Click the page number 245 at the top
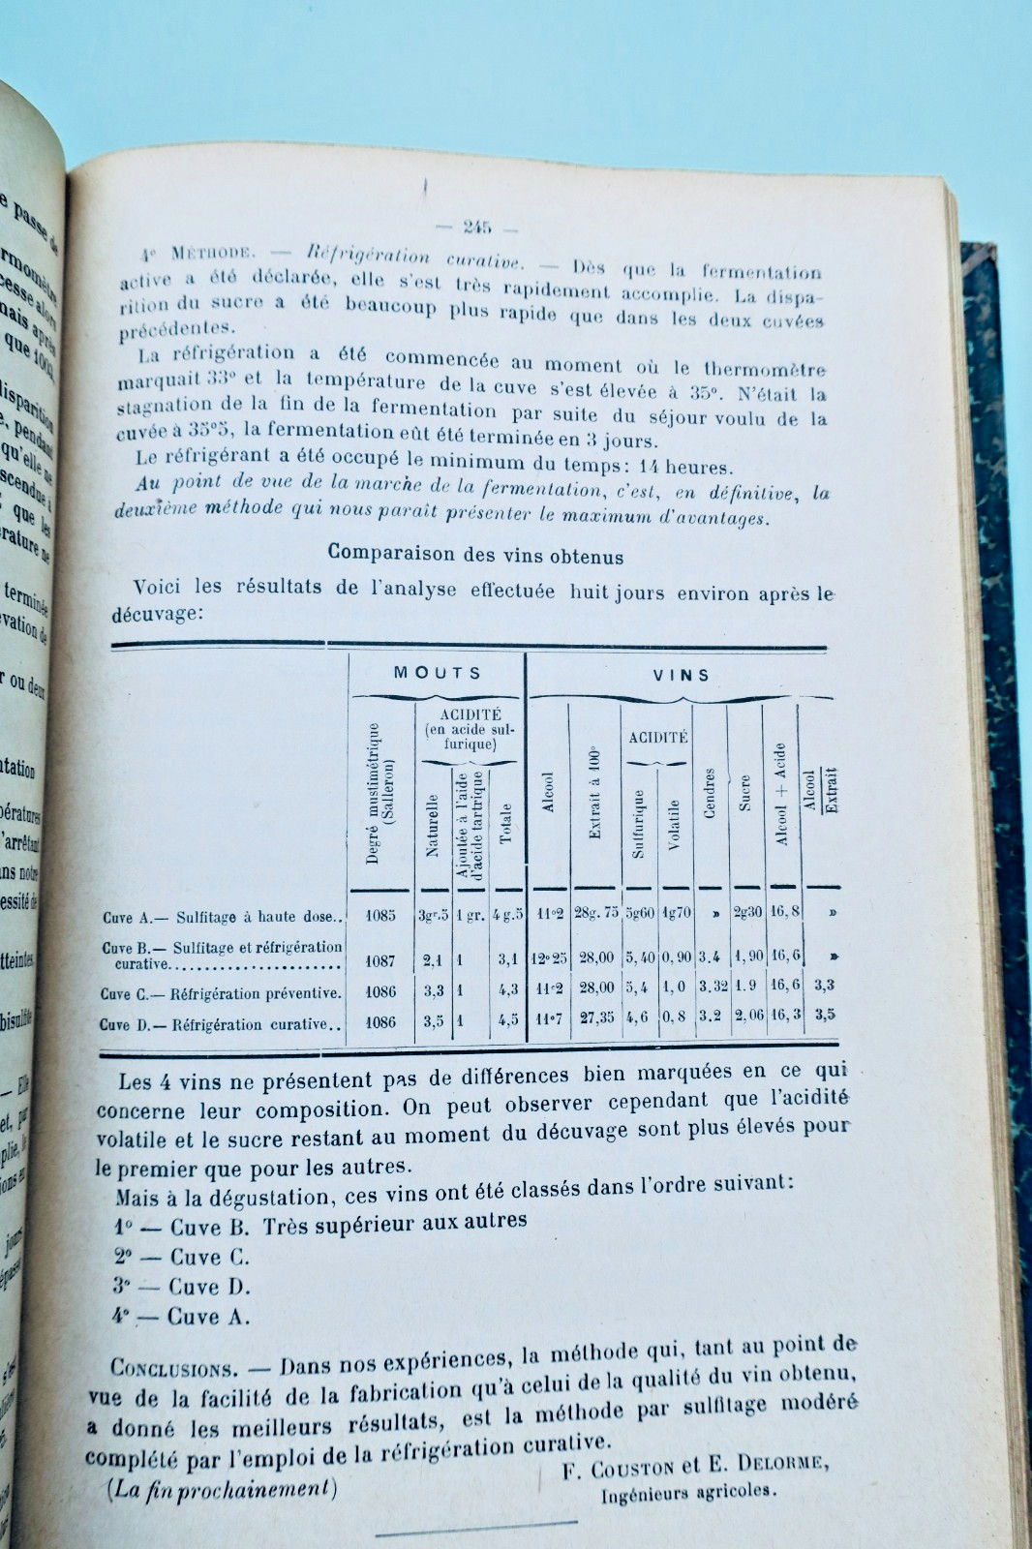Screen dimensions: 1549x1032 (x=477, y=228)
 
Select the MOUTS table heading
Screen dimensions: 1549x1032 (x=437, y=673)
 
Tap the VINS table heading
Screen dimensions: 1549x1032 (x=681, y=675)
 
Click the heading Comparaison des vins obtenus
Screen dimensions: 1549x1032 (x=475, y=555)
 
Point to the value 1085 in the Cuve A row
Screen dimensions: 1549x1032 (x=380, y=915)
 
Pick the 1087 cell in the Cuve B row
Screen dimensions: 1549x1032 (x=380, y=960)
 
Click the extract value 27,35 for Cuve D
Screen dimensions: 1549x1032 (x=595, y=1018)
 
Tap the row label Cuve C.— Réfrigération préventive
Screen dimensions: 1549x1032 (x=221, y=993)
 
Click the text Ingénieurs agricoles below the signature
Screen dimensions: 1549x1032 (x=688, y=1492)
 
